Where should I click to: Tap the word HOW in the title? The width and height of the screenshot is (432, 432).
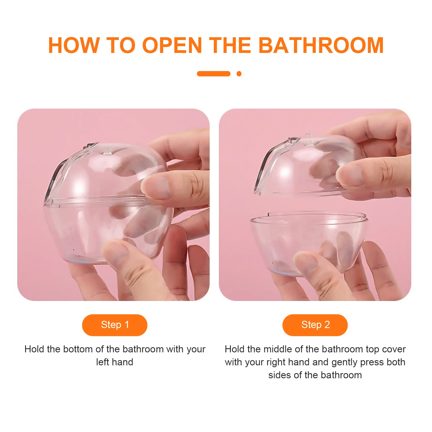pyautogui.click(x=74, y=45)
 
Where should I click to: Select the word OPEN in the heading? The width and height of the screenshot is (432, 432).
pyautogui.click(x=172, y=45)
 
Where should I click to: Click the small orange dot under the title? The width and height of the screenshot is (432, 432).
pyautogui.click(x=239, y=74)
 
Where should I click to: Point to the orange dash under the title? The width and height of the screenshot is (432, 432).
pyautogui.click(x=214, y=74)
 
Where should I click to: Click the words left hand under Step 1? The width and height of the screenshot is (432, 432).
pyautogui.click(x=114, y=362)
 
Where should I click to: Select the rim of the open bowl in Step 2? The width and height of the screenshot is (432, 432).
pyautogui.click(x=309, y=217)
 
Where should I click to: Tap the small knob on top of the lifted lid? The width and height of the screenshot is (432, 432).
pyautogui.click(x=310, y=136)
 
